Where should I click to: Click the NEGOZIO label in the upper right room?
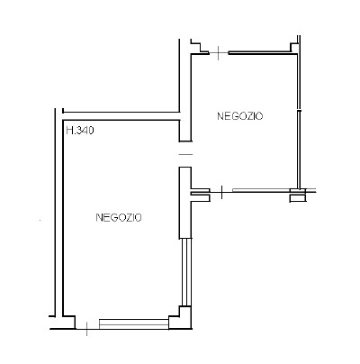point(239,116)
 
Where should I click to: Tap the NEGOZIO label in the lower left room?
point(119,217)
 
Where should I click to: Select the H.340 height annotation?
point(80,131)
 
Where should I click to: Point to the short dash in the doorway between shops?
point(185,154)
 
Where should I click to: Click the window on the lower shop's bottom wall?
point(134,324)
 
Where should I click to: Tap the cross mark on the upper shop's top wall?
point(219,53)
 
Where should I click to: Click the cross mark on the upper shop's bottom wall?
point(221,192)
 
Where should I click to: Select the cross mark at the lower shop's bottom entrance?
point(86,329)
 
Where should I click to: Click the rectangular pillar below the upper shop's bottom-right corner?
point(298,198)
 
